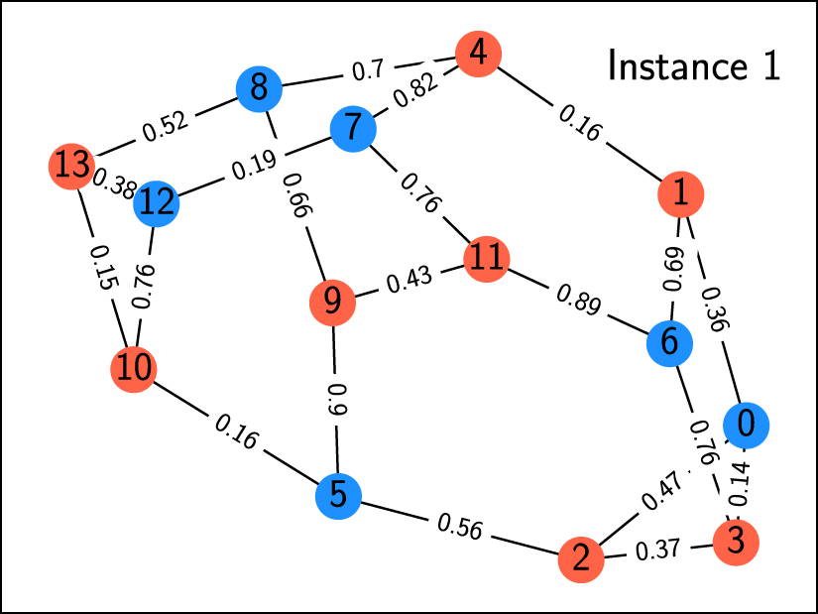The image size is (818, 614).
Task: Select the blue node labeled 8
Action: [260, 90]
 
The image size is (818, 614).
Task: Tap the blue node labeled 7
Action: [352, 129]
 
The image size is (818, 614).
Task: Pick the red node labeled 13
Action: [71, 166]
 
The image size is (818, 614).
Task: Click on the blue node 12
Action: [157, 202]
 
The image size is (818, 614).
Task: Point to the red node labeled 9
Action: [333, 302]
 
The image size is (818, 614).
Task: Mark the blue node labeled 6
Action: [670, 343]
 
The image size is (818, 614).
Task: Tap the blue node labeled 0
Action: [746, 424]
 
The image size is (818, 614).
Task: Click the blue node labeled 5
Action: [339, 494]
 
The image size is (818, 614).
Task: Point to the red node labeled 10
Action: [134, 369]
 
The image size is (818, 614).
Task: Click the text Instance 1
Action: [694, 66]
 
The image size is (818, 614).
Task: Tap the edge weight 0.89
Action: [578, 301]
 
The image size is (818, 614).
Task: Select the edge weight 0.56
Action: [459, 528]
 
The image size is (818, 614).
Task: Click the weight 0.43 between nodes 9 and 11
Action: [409, 282]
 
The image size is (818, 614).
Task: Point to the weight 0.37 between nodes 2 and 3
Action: [658, 550]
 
